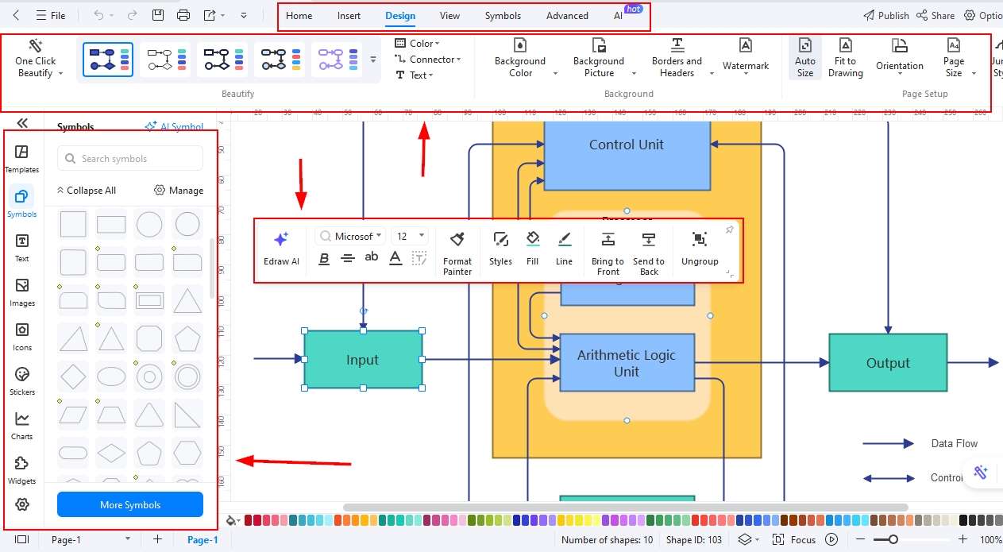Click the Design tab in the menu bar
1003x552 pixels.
coord(400,16)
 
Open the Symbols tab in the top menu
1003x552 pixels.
coord(503,16)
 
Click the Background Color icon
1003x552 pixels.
coord(520,45)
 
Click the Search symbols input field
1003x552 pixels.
coord(131,159)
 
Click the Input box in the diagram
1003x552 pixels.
coord(363,360)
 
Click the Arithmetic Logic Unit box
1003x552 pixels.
coord(627,363)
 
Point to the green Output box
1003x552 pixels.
coord(888,363)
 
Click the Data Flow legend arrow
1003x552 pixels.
coord(888,444)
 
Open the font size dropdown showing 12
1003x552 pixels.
coord(411,236)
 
